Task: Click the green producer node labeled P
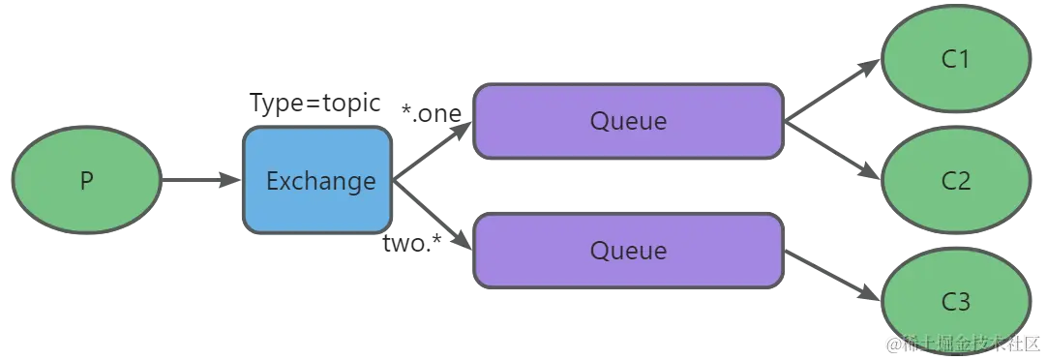[86, 181]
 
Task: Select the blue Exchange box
[317, 181]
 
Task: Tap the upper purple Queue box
[628, 122]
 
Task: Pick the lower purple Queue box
[628, 251]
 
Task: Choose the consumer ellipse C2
[955, 181]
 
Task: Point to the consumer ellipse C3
[955, 301]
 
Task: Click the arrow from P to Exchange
[194, 181]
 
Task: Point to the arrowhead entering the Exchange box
[228, 181]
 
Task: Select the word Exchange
[320, 181]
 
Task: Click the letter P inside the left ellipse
[86, 181]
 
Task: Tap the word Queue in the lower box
[628, 251]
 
